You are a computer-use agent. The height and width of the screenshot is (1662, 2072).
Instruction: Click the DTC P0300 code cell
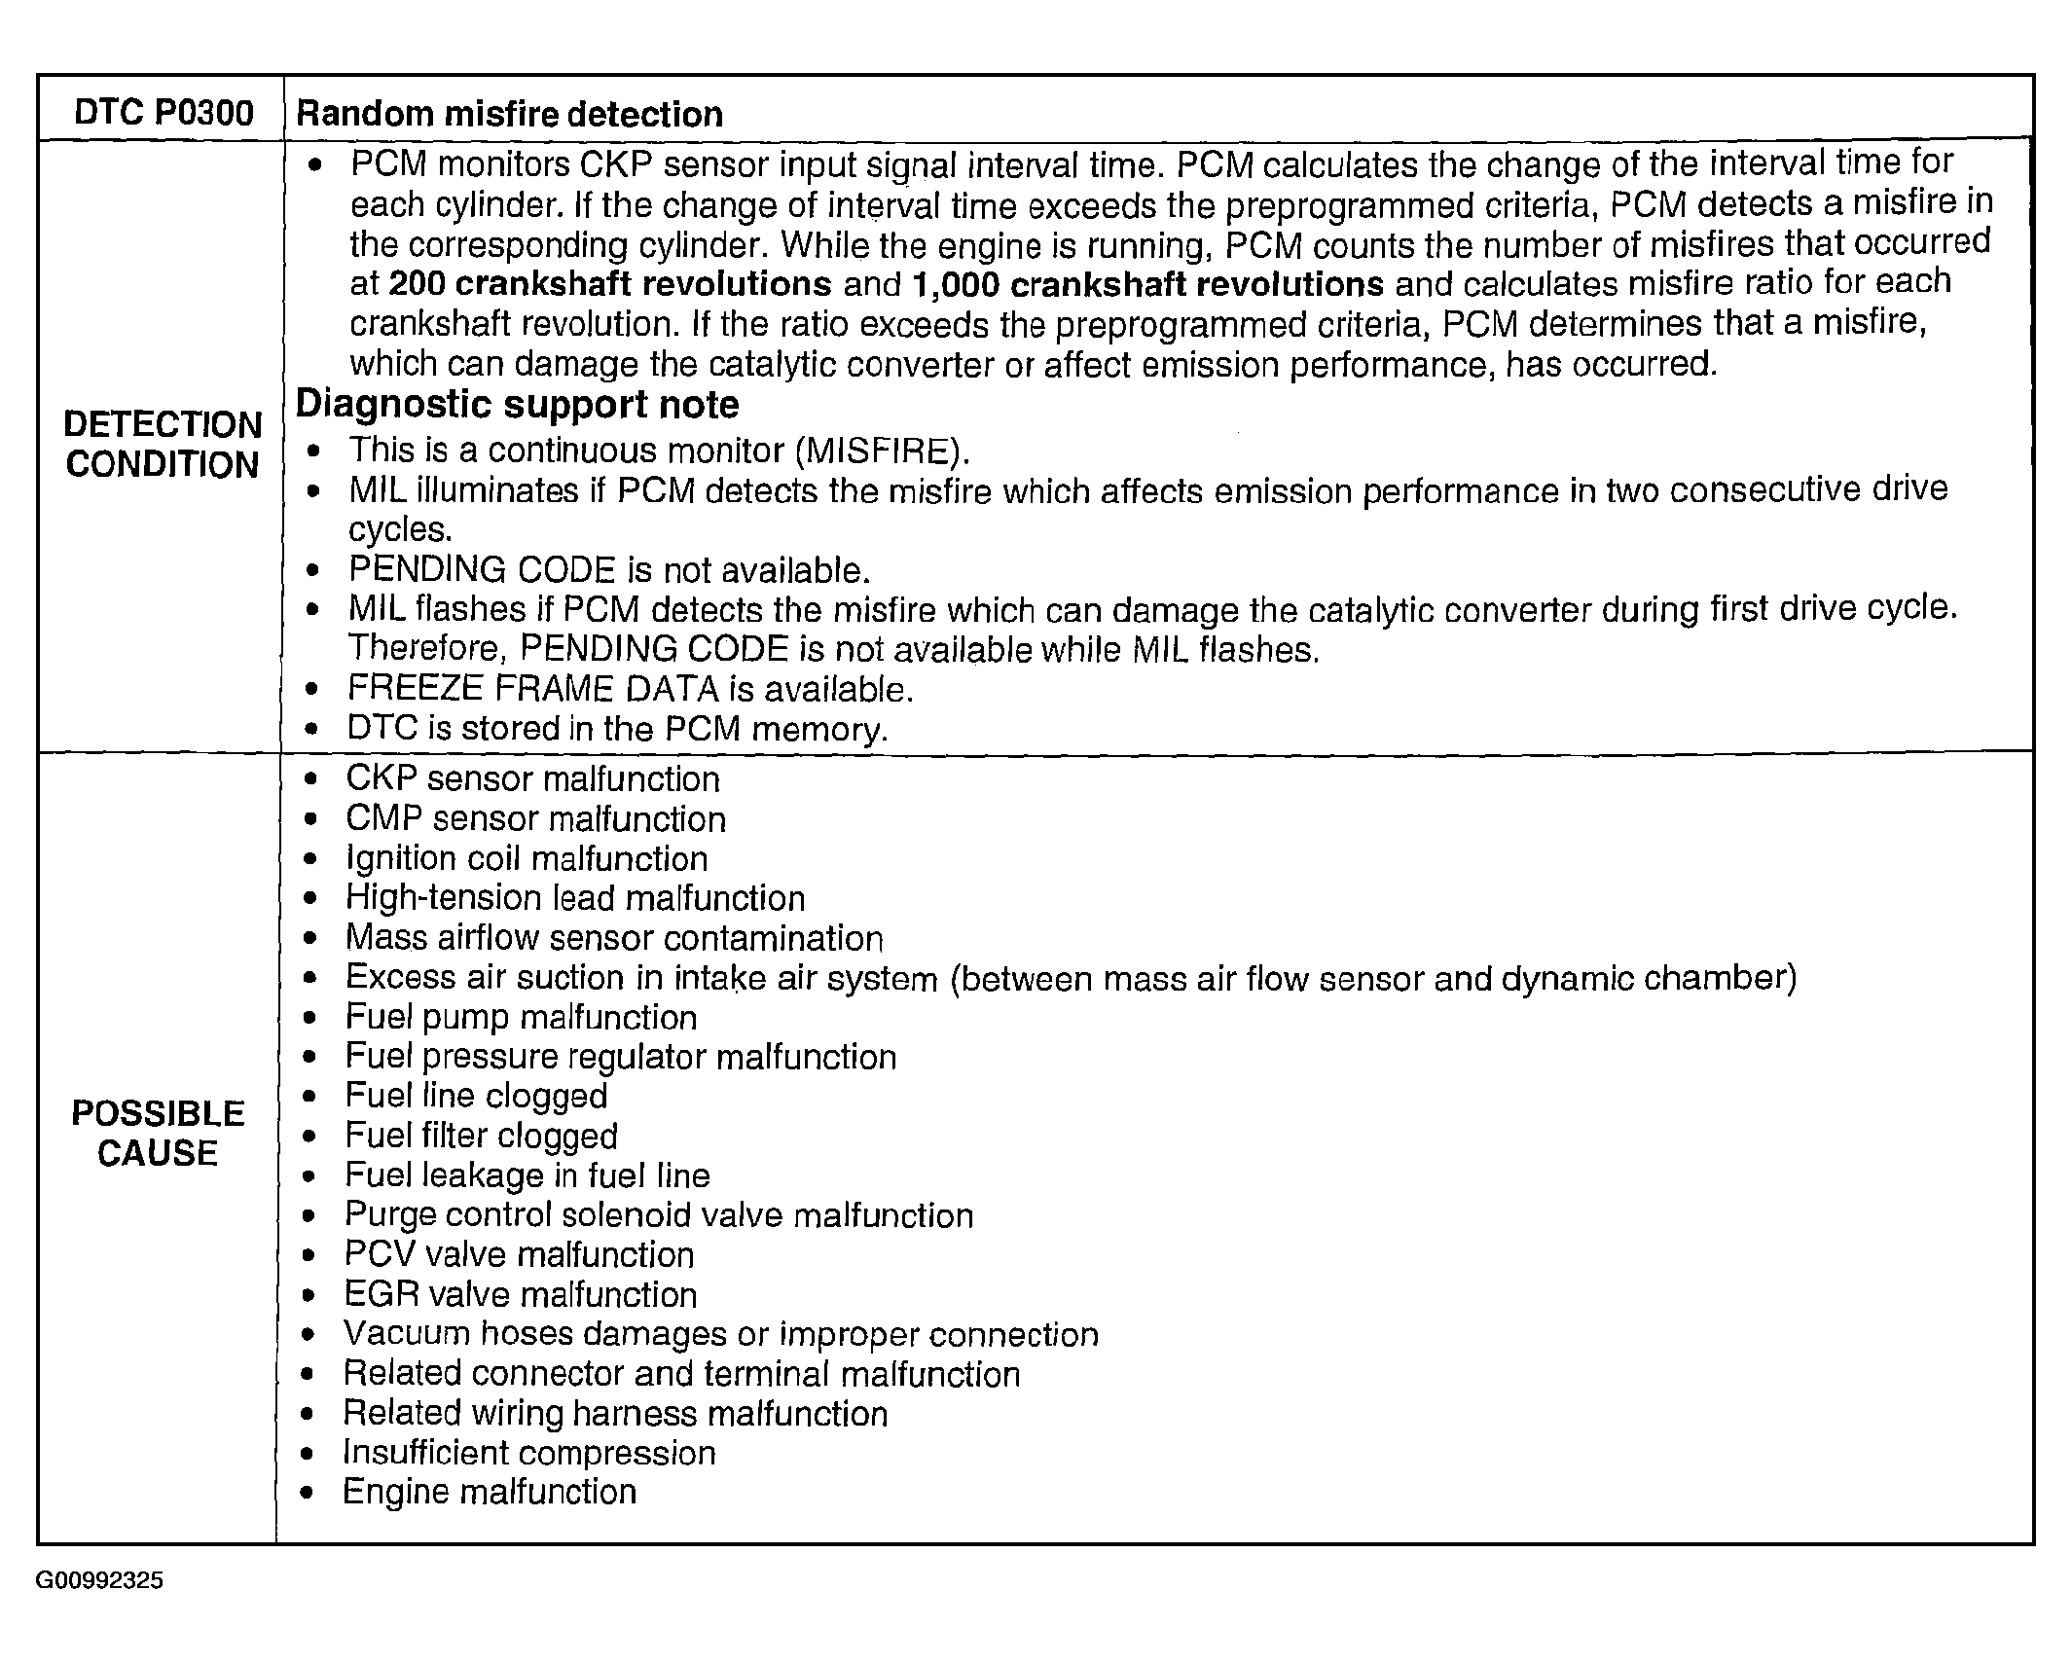pos(164,113)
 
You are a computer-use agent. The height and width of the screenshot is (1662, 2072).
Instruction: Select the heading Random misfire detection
pos(509,114)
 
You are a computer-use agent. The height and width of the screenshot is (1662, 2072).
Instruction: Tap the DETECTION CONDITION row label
pos(163,445)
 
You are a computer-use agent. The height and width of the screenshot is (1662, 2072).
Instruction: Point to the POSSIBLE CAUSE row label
pos(158,1133)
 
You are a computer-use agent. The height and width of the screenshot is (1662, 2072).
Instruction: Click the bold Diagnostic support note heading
pos(517,404)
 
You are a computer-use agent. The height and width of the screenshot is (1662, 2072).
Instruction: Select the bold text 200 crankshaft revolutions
pos(610,284)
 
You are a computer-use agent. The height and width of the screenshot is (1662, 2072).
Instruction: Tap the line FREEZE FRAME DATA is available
pos(630,689)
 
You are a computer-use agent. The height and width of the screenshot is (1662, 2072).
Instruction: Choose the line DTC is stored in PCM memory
pos(617,729)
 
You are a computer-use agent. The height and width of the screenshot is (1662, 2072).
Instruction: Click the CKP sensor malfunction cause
pos(532,778)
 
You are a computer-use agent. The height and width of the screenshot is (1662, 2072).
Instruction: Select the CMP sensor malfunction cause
pos(535,818)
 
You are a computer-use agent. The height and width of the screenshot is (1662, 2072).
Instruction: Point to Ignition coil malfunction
pos(527,858)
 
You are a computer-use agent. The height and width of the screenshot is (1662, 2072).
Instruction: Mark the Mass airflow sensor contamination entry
pos(614,938)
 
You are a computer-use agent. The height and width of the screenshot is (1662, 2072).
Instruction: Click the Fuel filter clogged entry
pos(482,1136)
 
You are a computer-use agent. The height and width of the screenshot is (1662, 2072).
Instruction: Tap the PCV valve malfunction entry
pos(519,1254)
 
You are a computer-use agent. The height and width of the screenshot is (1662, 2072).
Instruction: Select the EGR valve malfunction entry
pos(521,1294)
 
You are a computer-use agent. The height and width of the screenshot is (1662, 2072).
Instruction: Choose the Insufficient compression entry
pos(529,1453)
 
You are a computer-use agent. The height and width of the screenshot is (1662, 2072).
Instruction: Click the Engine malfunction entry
pos(490,1492)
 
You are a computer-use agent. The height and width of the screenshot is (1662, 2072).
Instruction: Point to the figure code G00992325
pos(99,1580)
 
